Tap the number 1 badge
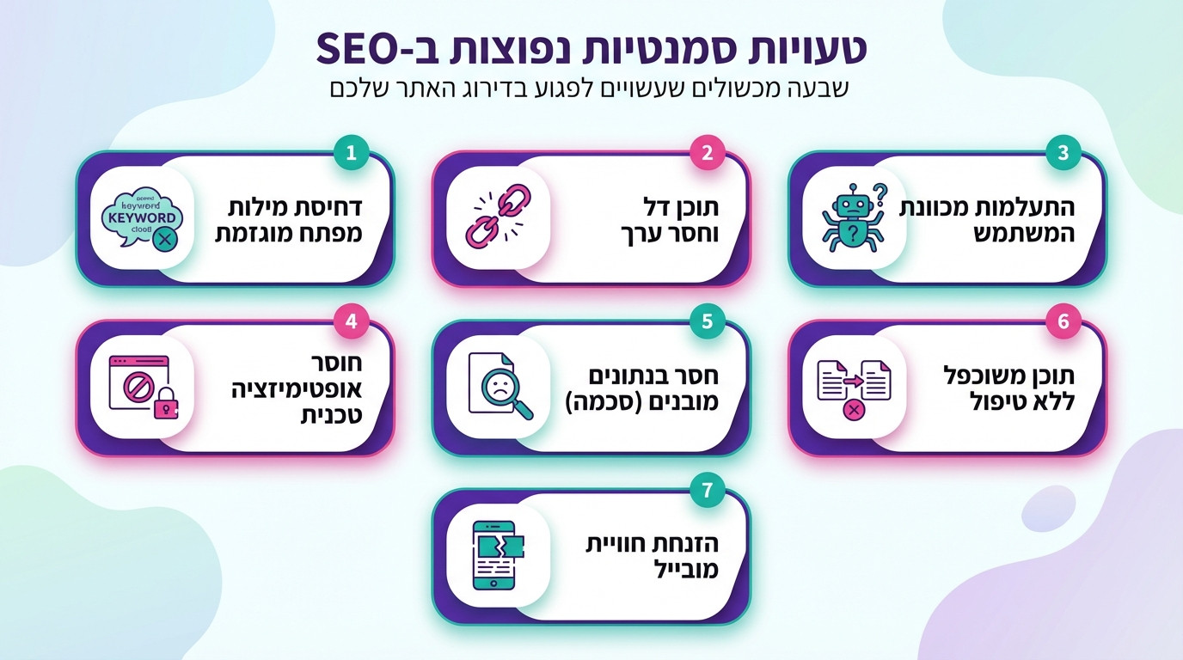[351, 154]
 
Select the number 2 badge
[707, 154]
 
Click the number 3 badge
[1063, 154]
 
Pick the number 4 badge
[351, 322]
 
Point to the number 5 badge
[707, 322]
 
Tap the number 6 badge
[1063, 322]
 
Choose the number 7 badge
[707, 491]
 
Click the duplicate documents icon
[853, 388]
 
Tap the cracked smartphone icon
[498, 555]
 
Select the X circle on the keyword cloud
[162, 240]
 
